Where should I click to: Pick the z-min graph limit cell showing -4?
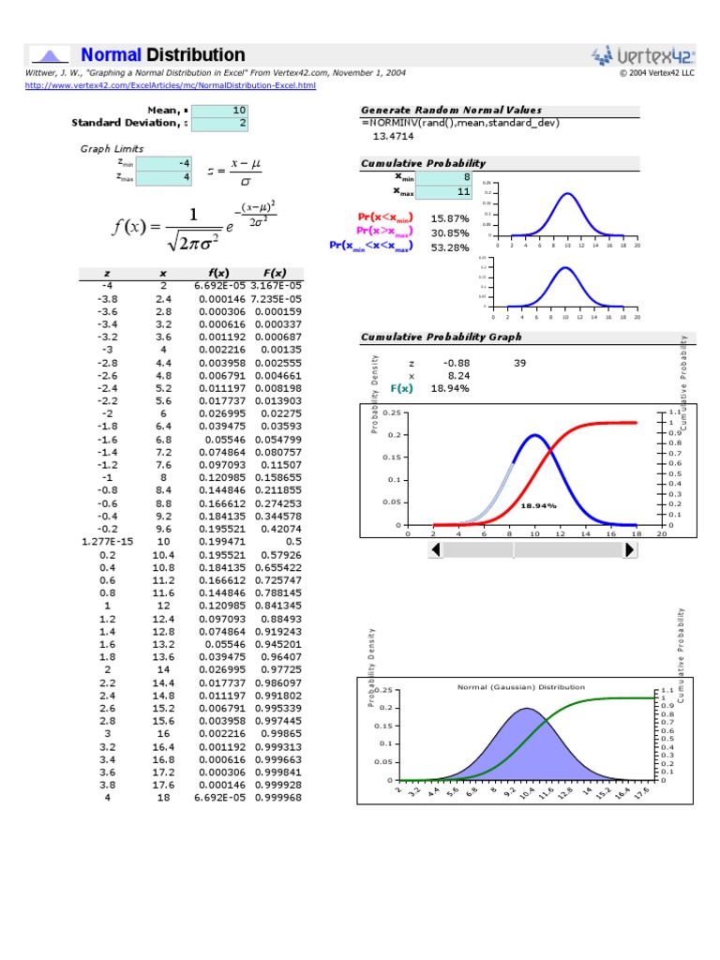click(x=165, y=162)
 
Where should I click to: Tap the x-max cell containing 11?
click(x=443, y=191)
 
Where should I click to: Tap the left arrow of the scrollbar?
click(x=434, y=550)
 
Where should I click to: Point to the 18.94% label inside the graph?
click(x=538, y=505)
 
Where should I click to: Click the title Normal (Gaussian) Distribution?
click(x=520, y=687)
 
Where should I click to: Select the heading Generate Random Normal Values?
click(x=451, y=110)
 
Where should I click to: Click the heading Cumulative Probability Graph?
click(x=441, y=337)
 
